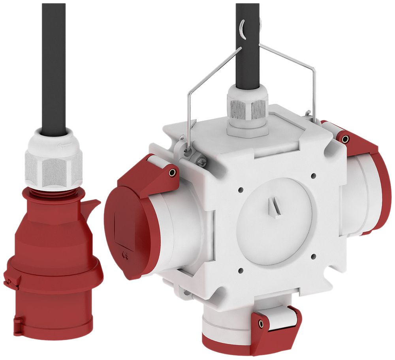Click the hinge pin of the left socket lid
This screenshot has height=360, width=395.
[x=172, y=172]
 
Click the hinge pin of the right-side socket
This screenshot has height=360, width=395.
[x=345, y=139]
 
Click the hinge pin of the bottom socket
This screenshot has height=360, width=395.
[x=261, y=324]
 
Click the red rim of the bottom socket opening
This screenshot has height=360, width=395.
[x=221, y=341]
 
